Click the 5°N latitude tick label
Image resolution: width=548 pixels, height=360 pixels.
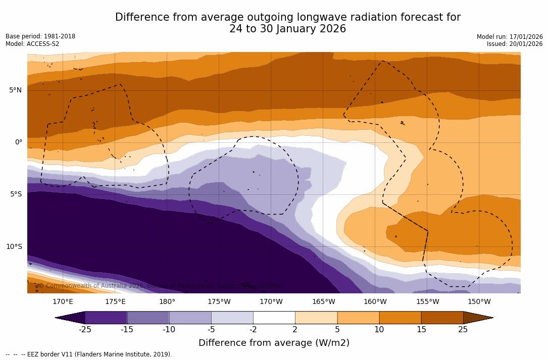coord(15,90)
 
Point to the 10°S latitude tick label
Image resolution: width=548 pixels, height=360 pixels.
coord(14,246)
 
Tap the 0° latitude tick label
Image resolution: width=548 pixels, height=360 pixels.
coord(18,142)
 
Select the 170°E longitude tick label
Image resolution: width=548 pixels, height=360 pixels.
coord(63,302)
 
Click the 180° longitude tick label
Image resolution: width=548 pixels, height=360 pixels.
coord(167,302)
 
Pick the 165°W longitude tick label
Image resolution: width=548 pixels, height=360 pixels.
coord(323,302)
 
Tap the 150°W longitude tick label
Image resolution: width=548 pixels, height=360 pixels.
coord(479,302)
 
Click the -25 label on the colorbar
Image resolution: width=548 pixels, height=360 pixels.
coord(85,330)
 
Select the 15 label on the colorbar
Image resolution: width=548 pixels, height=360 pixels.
coord(421,330)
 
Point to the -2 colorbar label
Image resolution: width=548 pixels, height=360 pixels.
coord(253,330)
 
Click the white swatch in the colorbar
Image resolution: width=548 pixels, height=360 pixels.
coord(274,318)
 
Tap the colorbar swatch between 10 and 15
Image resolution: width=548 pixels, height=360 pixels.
coord(400,318)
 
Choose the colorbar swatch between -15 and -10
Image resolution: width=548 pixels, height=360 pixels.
coord(148,318)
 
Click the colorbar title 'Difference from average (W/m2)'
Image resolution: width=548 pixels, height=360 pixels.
coord(274,343)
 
